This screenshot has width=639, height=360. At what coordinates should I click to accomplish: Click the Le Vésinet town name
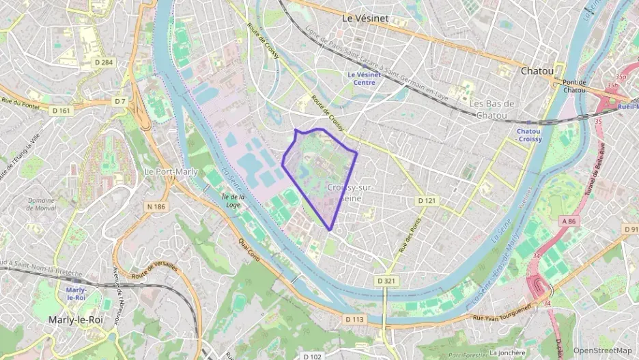[365, 19]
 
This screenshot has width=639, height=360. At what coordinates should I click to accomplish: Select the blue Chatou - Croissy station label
[529, 135]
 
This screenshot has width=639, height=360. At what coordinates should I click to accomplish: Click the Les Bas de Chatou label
[491, 109]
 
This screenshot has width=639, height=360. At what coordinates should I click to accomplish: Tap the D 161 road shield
[61, 110]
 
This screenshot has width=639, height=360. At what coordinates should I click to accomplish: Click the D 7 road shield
[120, 102]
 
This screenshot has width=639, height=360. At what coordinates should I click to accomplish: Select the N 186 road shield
[156, 206]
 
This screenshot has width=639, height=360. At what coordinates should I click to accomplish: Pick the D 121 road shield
[427, 201]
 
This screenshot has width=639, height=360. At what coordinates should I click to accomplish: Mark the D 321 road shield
[386, 281]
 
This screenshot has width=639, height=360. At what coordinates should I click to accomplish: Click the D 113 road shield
[354, 319]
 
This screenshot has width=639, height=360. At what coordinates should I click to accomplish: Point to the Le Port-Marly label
[171, 171]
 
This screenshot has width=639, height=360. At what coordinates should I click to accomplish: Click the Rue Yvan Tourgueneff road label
[502, 311]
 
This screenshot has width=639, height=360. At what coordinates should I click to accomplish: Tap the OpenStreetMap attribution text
[602, 350]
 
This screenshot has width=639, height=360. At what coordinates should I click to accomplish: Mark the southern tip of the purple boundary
[331, 230]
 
